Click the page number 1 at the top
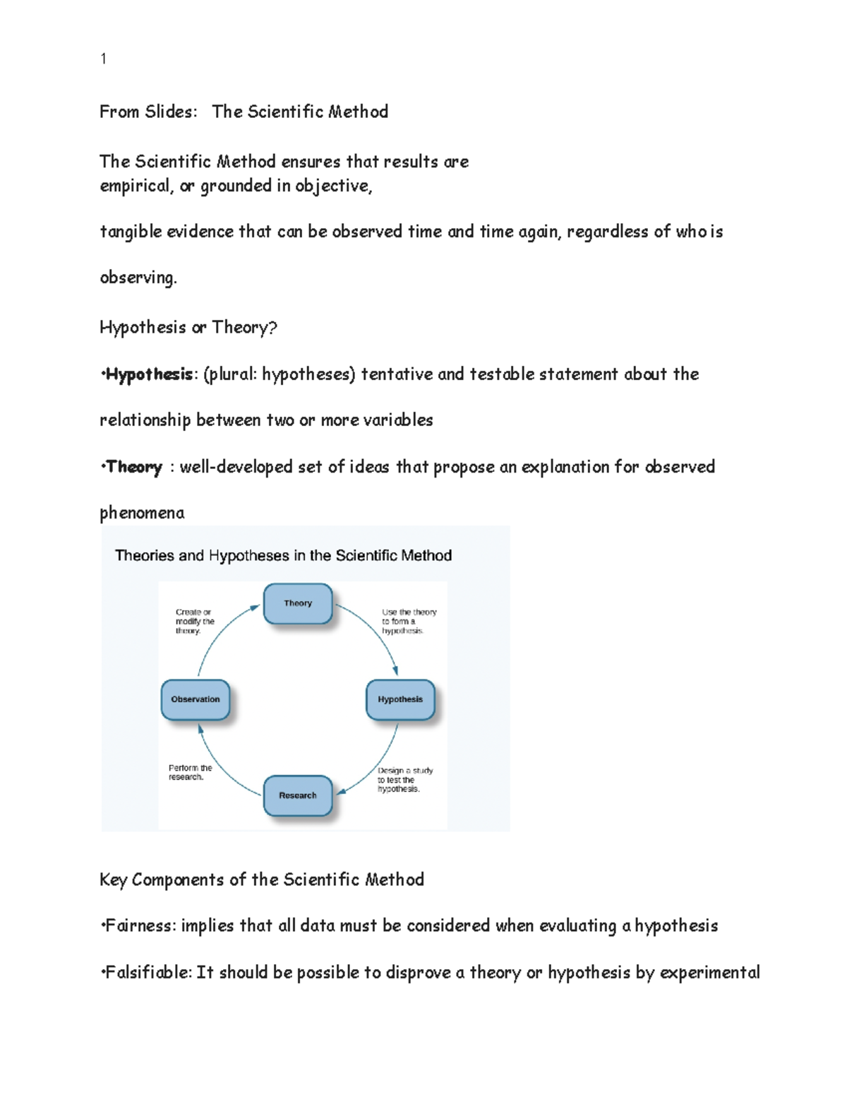(104, 59)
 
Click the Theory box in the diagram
(298, 603)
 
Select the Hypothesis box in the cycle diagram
(400, 699)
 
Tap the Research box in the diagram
(298, 795)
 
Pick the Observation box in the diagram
(196, 699)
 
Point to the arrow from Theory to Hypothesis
(374, 632)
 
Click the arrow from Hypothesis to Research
(374, 766)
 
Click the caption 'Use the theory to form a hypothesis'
(409, 622)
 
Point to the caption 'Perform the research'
(190, 772)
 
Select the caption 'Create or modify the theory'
(195, 622)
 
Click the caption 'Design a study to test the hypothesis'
(404, 780)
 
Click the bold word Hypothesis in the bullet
(149, 374)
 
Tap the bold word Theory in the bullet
(134, 467)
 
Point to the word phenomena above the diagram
(142, 513)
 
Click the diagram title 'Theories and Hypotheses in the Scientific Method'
(283, 556)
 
